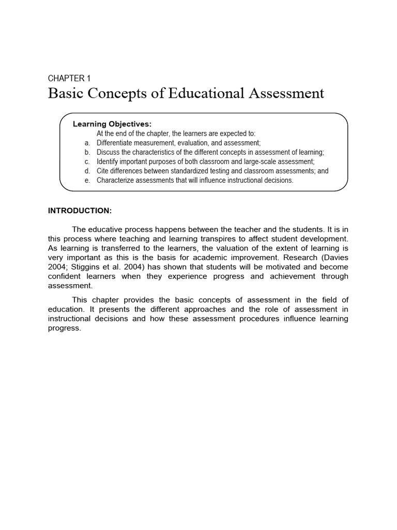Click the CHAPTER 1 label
click(x=69, y=79)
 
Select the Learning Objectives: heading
click(x=112, y=124)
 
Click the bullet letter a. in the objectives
click(x=87, y=142)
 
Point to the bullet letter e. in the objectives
click(x=87, y=180)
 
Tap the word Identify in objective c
click(x=108, y=161)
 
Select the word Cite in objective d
click(x=103, y=171)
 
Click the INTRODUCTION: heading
click(x=80, y=211)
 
